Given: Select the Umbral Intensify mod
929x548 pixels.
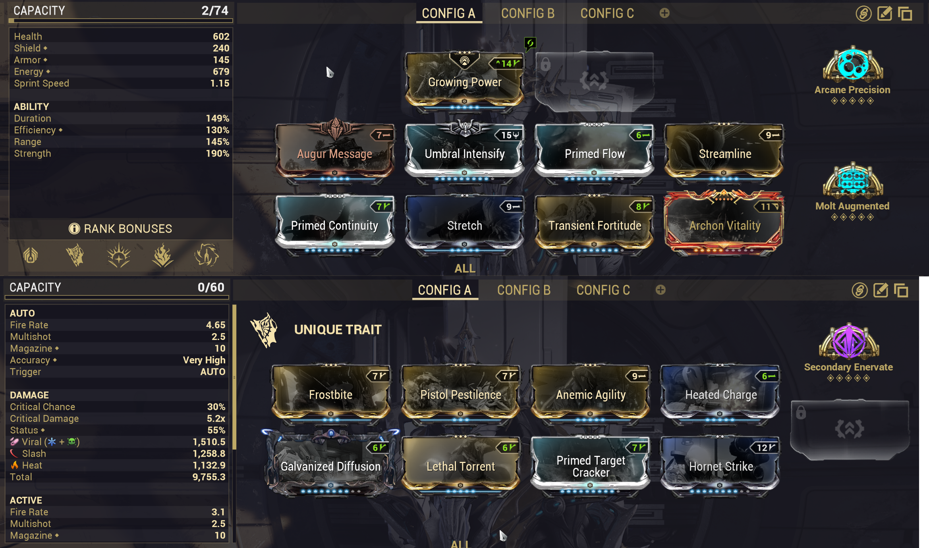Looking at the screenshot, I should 464,153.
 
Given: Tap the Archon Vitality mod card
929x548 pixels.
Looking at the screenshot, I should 724,225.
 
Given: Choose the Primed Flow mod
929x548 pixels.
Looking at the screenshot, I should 595,153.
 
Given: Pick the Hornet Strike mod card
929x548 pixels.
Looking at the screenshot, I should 720,465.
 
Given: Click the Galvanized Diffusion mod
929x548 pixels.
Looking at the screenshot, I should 330,465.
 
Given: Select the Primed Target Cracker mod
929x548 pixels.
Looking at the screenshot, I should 591,465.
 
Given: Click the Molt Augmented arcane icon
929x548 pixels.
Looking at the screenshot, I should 853,181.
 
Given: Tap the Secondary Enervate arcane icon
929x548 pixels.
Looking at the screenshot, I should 849,342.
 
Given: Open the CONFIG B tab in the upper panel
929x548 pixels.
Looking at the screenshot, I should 527,14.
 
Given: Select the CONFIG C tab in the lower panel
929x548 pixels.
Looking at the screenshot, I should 603,290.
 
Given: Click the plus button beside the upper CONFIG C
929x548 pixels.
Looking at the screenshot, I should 664,14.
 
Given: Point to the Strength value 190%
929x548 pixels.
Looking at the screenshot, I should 217,154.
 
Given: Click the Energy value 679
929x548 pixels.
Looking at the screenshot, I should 221,71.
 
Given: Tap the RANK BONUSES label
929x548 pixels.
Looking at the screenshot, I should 127,229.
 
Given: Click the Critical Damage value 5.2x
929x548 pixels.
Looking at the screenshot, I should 216,419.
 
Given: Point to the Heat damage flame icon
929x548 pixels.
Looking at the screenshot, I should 15,465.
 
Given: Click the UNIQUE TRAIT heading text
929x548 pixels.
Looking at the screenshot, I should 338,330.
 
